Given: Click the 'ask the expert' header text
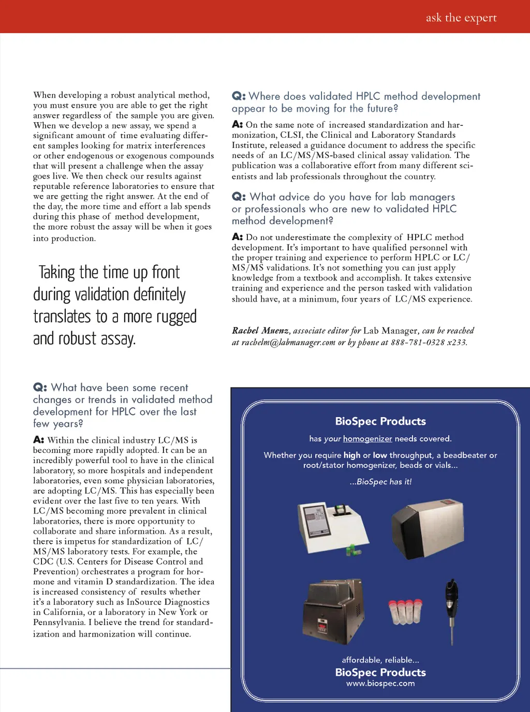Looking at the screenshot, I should [x=461, y=18].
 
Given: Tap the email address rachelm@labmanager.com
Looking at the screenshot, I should [x=288, y=343].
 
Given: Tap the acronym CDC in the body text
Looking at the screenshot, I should [x=44, y=562].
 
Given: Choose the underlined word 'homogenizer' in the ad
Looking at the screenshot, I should [x=367, y=439].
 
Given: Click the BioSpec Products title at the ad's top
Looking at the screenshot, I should [x=380, y=421].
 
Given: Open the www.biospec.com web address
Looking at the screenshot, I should [x=380, y=684].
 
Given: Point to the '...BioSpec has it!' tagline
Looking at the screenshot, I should [x=380, y=482].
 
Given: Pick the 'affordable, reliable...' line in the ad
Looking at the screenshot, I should [x=380, y=660].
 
